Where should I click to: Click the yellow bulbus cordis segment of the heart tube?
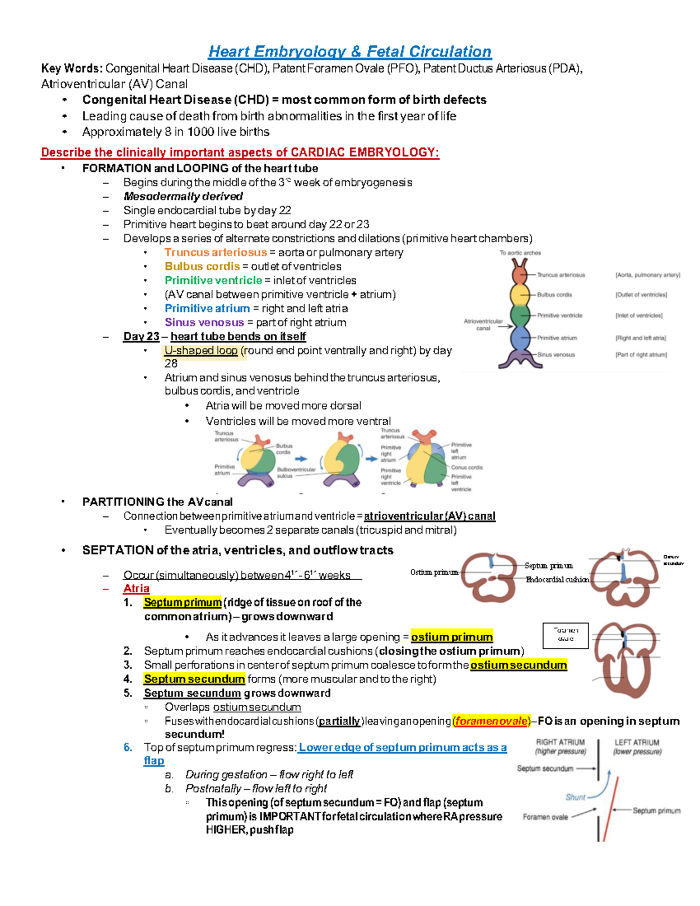point(520,293)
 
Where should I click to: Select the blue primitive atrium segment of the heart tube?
point(520,337)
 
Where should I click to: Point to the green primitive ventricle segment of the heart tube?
point(520,315)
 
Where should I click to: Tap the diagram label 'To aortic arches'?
point(520,253)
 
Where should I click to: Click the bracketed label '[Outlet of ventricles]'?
point(641,295)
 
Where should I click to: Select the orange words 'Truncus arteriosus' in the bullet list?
point(215,253)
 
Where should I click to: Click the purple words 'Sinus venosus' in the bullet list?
point(204,323)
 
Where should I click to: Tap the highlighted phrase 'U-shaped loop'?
point(201,351)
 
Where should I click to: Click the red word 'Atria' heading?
point(136,589)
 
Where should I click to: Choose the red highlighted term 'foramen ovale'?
point(492,721)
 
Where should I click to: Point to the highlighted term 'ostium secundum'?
point(519,665)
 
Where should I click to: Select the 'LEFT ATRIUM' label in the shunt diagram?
point(636,743)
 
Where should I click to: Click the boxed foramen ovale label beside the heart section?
point(565,635)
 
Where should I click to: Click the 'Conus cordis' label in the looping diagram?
point(467,467)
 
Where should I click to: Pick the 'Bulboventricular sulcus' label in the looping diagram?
point(296,472)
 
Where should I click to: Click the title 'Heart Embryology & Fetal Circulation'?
point(350,51)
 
